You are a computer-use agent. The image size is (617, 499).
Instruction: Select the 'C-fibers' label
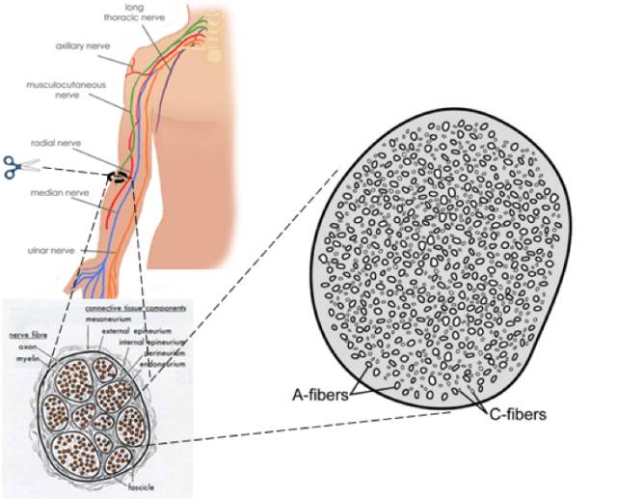click(x=516, y=414)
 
